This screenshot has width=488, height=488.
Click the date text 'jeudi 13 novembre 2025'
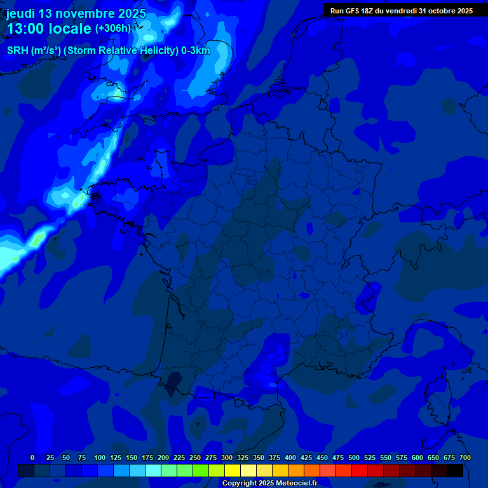point(76,13)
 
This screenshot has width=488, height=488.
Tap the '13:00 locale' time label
point(49,29)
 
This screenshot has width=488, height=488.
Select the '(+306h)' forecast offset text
point(112,29)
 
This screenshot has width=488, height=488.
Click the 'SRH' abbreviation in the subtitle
point(17,51)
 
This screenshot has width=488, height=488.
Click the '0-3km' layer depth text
point(196,51)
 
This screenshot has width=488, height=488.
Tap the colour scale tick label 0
point(32,457)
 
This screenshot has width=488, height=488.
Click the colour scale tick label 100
point(100,457)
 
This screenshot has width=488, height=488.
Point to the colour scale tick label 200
point(163,457)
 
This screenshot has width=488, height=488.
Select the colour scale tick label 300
point(227,457)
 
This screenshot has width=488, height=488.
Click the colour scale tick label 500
point(354,457)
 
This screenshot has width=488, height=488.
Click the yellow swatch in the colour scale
point(233,471)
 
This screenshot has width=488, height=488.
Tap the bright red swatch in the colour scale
point(360,471)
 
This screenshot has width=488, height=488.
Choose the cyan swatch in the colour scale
point(153,471)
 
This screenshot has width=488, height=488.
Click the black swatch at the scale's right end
point(455,471)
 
